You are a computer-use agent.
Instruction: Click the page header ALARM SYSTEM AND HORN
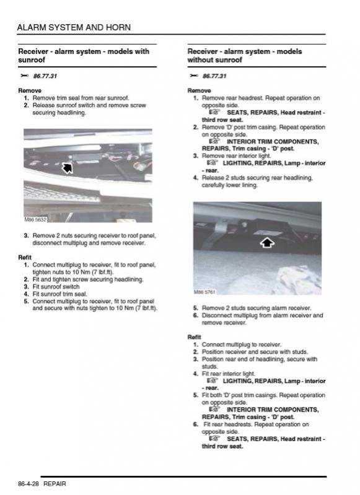(x=74, y=27)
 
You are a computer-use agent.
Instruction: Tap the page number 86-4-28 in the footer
(x=29, y=484)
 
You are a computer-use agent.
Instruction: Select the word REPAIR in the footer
(x=55, y=484)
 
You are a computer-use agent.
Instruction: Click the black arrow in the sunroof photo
(x=67, y=168)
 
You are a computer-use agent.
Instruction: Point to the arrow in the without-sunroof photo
(x=267, y=242)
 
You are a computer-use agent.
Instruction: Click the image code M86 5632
(x=35, y=219)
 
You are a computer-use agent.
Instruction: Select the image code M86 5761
(x=204, y=292)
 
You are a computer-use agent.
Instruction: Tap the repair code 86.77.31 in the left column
(x=45, y=76)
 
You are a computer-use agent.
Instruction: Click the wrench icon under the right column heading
(x=193, y=76)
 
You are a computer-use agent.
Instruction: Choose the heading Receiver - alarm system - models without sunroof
(x=244, y=56)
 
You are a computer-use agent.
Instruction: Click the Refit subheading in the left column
(x=25, y=257)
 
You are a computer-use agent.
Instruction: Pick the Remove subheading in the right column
(x=199, y=90)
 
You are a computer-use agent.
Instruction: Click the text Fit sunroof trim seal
(x=59, y=294)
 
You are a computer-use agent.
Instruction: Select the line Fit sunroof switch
(x=56, y=287)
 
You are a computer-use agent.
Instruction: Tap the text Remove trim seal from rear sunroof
(x=81, y=98)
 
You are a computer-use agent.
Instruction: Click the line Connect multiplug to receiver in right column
(x=242, y=344)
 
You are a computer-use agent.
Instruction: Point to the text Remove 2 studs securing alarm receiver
(x=257, y=308)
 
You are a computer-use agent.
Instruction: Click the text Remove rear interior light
(x=237, y=156)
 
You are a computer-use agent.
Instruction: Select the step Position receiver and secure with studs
(x=255, y=352)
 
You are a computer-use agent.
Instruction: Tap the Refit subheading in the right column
(x=194, y=337)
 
